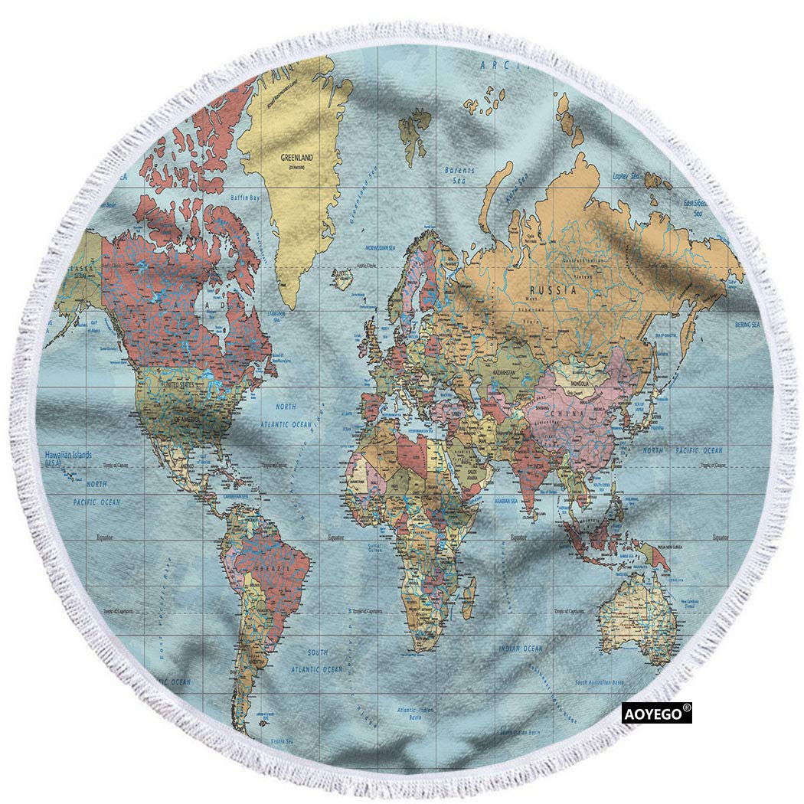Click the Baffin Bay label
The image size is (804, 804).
(245, 198)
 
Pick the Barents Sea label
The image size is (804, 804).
(459, 175)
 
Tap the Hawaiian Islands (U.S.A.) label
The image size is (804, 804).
(68, 458)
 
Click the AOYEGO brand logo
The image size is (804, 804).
(655, 714)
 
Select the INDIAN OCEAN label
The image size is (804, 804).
(521, 649)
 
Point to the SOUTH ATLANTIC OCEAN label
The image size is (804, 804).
(316, 661)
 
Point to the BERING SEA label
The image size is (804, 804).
(747, 325)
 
